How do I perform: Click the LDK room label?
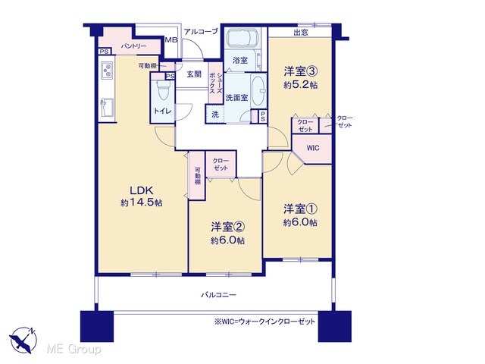[x=142, y=190]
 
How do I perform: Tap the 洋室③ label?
[x=301, y=71]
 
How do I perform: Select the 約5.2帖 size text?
[x=301, y=85]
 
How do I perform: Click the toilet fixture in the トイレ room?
[x=163, y=89]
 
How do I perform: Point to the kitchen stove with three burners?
[x=107, y=71]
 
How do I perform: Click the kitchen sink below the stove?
[x=107, y=108]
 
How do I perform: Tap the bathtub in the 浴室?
[x=242, y=37]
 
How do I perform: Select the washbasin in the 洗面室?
[x=258, y=90]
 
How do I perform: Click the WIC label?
[x=313, y=148]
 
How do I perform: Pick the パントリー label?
[x=133, y=46]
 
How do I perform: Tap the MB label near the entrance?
[x=171, y=40]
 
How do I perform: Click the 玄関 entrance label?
[x=194, y=74]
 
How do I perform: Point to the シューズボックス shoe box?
[x=215, y=83]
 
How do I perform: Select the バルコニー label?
[x=219, y=295]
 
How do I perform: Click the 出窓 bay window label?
[x=300, y=33]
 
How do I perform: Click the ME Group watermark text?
[x=74, y=349]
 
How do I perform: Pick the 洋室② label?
[x=227, y=227]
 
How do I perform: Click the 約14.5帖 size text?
[x=142, y=202]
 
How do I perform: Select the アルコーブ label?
[x=201, y=31]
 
